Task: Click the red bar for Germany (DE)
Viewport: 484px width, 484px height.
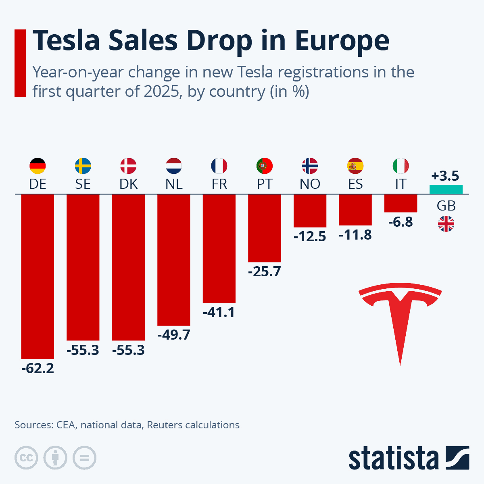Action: click(x=38, y=276)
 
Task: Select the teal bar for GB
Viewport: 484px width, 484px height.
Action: click(x=446, y=189)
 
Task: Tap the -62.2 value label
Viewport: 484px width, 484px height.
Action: click(x=38, y=368)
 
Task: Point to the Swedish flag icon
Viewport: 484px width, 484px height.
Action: click(x=83, y=166)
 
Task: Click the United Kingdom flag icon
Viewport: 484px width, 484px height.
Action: click(x=446, y=224)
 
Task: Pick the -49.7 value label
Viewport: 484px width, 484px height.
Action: click(x=174, y=335)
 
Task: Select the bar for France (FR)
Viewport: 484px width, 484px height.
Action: click(x=219, y=248)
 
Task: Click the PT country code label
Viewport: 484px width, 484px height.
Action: click(x=264, y=184)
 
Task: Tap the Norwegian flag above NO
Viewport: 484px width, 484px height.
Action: click(x=310, y=166)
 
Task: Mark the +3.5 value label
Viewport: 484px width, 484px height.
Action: click(x=445, y=176)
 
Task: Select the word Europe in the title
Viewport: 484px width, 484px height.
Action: click(x=342, y=40)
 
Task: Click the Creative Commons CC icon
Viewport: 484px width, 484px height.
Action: click(x=26, y=458)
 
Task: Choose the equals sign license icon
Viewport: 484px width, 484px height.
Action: click(x=84, y=458)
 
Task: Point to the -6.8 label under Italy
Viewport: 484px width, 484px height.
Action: click(x=401, y=222)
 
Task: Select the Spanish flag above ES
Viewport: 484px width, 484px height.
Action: click(x=355, y=166)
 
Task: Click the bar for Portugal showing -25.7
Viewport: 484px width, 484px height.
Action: click(x=264, y=228)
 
